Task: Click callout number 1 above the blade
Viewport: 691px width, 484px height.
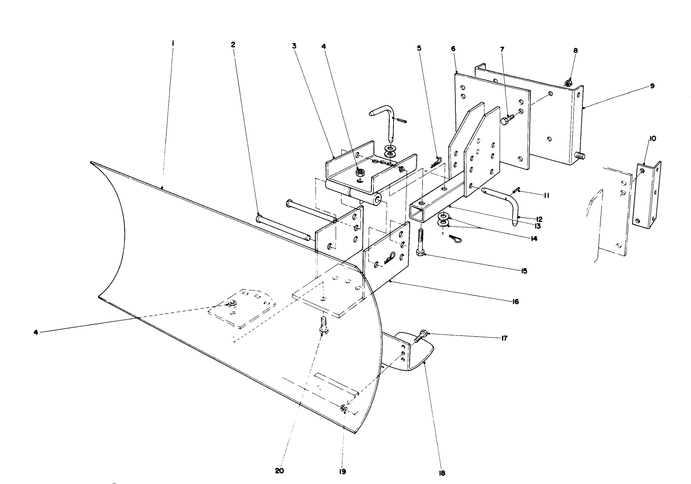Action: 173,43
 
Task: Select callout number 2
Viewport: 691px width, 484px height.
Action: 233,44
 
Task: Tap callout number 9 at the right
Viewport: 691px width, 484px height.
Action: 652,86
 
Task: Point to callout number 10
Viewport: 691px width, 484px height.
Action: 652,138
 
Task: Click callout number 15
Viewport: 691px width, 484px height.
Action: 524,271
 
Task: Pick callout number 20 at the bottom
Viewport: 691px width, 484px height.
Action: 280,470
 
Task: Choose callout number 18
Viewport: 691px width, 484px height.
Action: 442,473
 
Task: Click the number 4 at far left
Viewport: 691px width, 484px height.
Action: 36,332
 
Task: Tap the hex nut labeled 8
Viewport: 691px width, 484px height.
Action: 567,83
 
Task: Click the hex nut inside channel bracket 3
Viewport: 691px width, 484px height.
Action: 360,171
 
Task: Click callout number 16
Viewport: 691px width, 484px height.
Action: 515,302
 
